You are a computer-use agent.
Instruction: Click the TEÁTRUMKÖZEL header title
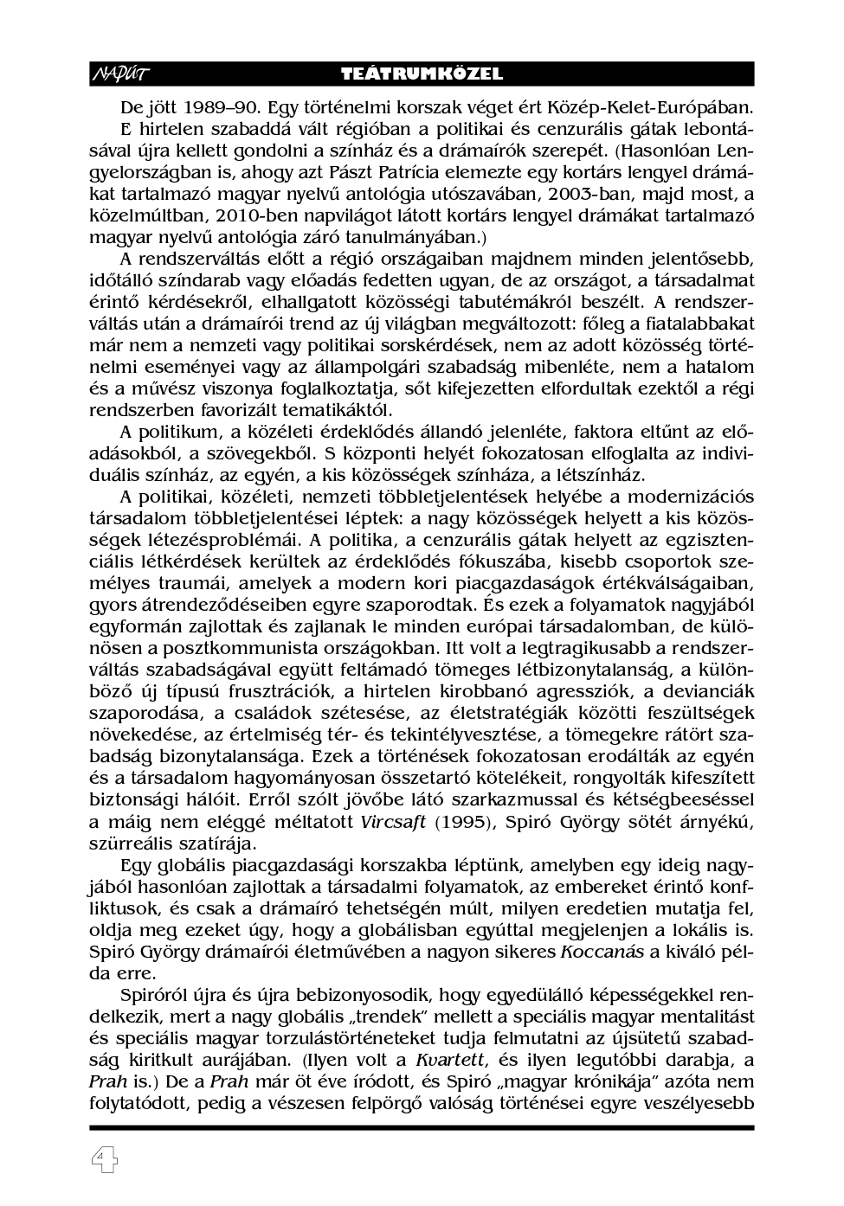point(422,74)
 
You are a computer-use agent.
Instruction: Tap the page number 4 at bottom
point(104,1160)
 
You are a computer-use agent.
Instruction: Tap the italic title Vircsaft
point(393,822)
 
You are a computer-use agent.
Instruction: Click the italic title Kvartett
point(446,1060)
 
